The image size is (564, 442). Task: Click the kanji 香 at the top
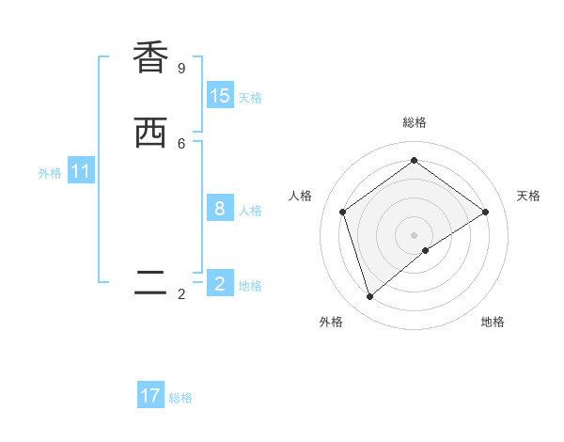coord(150,57)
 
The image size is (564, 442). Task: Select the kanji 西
coord(150,133)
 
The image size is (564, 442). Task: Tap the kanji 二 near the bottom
coord(150,283)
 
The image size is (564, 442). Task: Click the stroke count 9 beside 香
coord(181,68)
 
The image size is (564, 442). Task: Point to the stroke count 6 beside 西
coord(181,143)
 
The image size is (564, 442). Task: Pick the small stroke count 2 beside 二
coord(181,294)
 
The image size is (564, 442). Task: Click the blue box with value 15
coord(220,96)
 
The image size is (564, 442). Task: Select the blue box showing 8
coord(220,209)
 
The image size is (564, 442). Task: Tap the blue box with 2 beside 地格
coord(220,284)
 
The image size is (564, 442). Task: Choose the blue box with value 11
coord(81,172)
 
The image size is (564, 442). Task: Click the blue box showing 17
coord(150,397)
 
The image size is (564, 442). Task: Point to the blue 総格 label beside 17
coord(180,398)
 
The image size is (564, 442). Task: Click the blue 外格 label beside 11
coord(50,173)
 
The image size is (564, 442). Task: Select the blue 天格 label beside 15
coord(250,98)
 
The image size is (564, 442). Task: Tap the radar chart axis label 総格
coord(414,122)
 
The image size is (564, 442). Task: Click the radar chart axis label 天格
coord(528,196)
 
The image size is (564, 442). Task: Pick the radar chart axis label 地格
coord(493,322)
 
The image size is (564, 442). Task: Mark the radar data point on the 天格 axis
coord(486,212)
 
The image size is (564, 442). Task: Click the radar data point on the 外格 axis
coord(369,297)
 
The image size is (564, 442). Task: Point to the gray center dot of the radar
coord(414,234)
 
